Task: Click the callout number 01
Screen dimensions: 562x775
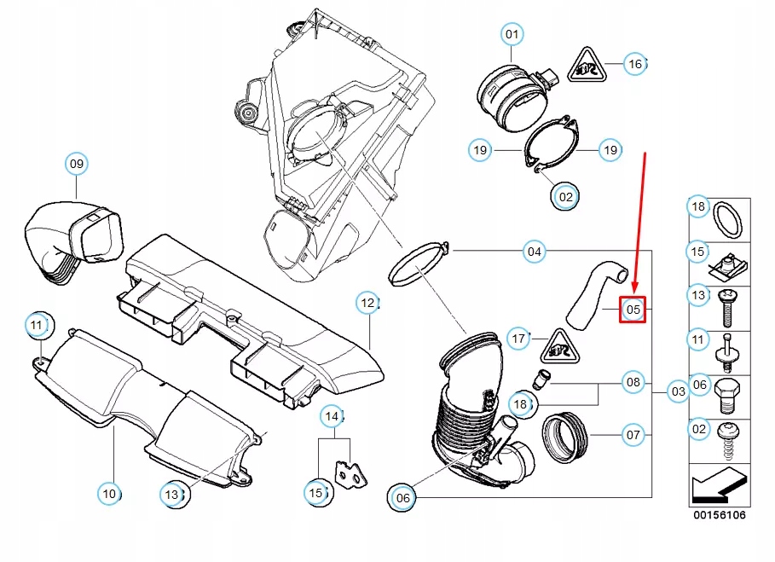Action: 512,35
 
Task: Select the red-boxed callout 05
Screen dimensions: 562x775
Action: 633,310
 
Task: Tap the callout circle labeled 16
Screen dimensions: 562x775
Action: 634,64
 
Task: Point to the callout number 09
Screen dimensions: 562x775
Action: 77,164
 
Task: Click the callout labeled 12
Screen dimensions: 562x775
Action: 367,303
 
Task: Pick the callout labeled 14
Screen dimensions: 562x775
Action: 332,416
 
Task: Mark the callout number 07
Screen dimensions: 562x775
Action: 633,435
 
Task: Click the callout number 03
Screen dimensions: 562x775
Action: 678,391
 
